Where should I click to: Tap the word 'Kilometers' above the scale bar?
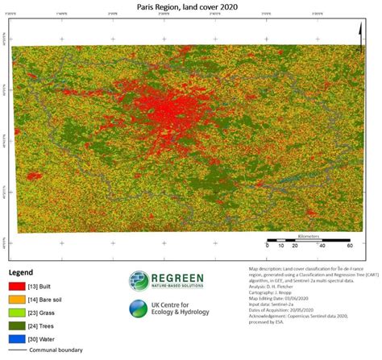pos(308,237)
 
